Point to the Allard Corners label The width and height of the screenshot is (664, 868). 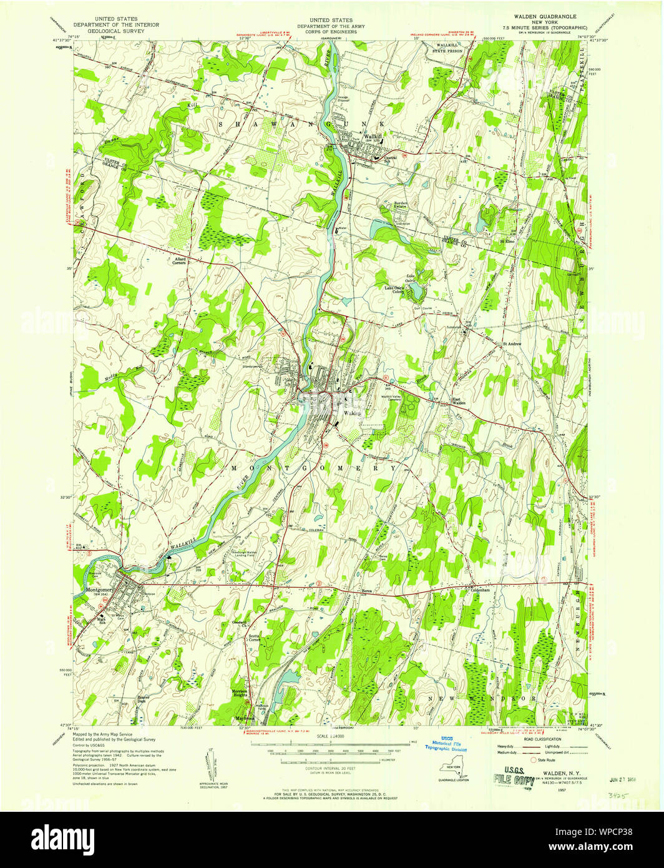click(x=180, y=260)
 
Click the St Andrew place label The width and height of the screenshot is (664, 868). click(x=512, y=343)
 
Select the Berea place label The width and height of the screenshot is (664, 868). click(x=368, y=591)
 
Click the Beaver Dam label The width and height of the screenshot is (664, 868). click(x=144, y=699)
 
